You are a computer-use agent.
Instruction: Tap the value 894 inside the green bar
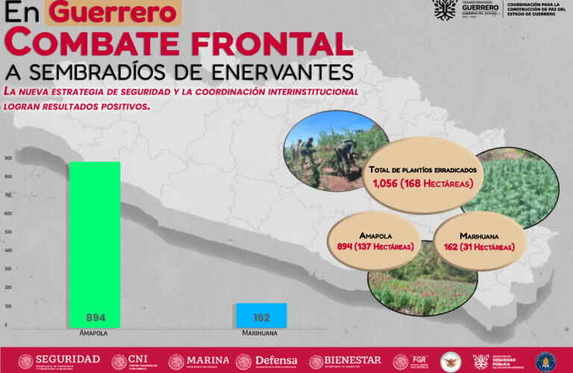[95, 317]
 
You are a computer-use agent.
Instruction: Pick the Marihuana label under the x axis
[260, 333]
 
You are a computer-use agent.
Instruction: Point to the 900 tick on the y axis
[7, 158]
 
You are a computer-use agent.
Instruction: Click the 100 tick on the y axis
[7, 307]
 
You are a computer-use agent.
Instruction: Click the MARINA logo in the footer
[198, 361]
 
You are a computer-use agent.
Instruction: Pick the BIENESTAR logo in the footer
[345, 361]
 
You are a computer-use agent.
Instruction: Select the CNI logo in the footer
[130, 361]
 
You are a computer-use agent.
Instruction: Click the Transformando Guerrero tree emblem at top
[445, 10]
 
